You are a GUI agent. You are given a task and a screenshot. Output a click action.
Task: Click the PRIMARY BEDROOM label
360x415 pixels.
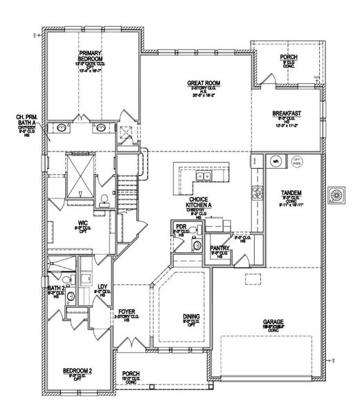pos(91,55)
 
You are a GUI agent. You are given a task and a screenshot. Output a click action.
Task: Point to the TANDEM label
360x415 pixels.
pos(291,192)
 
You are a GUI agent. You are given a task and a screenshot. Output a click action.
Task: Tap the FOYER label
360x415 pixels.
pos(127,312)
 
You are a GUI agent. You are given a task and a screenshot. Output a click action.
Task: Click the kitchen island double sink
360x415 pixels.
pos(205,177)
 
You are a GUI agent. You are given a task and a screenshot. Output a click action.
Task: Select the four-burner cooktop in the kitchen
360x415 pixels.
pos(258,188)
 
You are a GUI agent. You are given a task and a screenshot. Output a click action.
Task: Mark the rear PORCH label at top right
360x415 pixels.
pos(289,57)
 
